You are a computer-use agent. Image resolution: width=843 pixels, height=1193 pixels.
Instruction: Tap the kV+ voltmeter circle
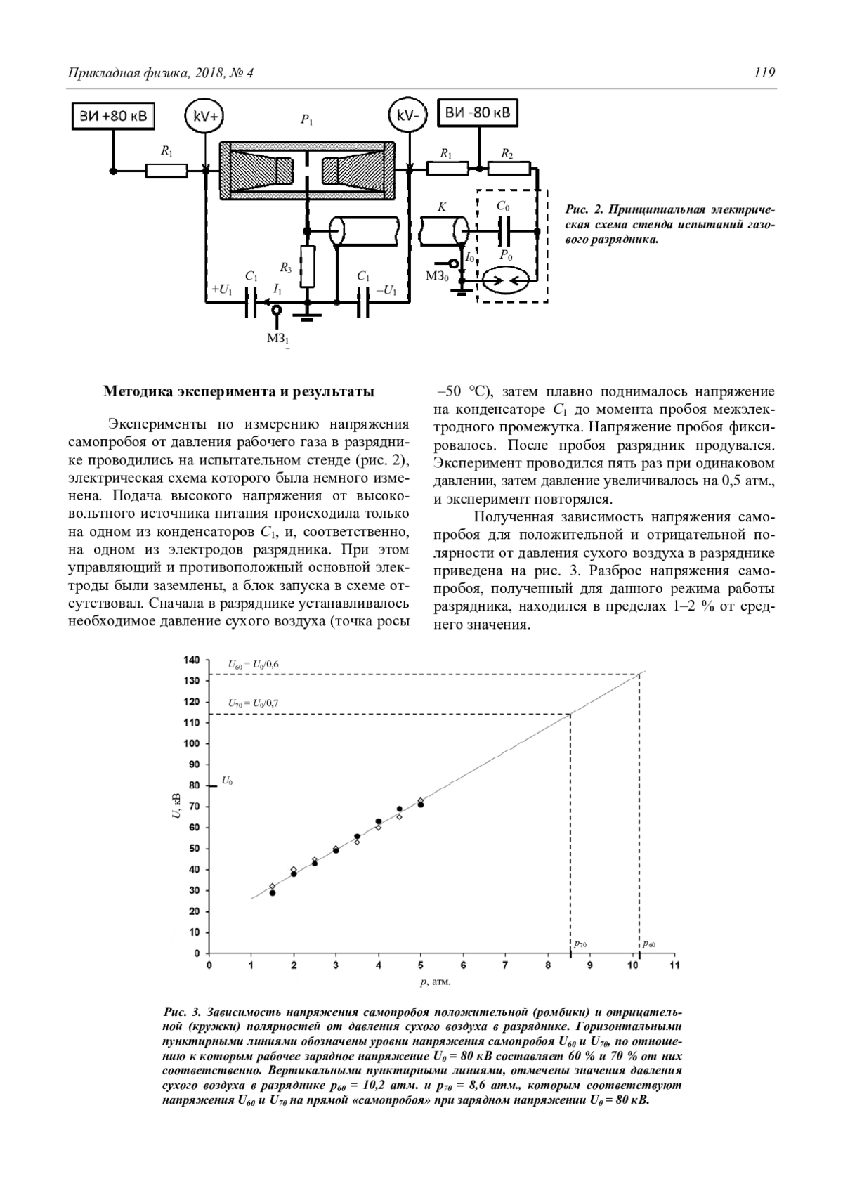coord(204,117)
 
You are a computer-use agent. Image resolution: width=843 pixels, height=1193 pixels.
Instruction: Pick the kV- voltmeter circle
coord(408,117)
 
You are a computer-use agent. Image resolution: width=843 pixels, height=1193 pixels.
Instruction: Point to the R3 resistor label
coord(285,267)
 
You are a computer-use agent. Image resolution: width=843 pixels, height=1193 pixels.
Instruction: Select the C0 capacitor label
coord(503,207)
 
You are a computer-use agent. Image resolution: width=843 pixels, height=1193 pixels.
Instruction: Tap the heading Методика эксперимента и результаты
coord(239,391)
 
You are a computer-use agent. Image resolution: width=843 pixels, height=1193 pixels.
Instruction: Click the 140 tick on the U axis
coord(192,660)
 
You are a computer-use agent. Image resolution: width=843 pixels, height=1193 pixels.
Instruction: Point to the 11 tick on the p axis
coord(674,966)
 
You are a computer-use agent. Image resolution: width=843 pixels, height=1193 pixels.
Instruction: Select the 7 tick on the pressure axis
coord(505,966)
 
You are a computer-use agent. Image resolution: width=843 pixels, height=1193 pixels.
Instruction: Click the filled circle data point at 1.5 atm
coord(273,893)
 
